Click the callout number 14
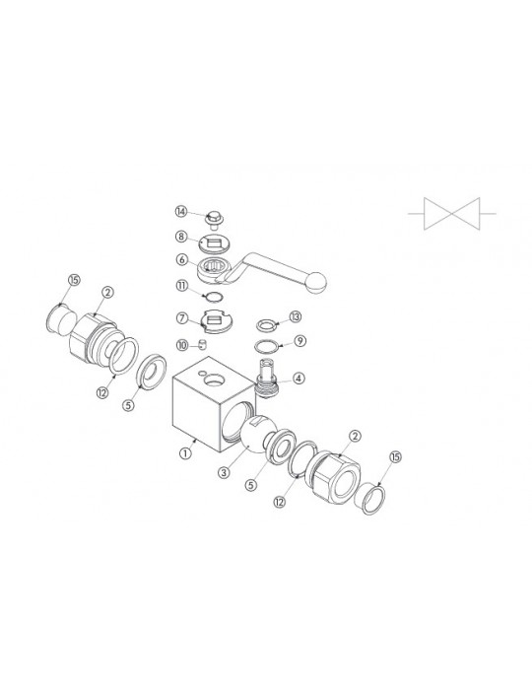[x=180, y=212]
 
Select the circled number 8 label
[x=180, y=237]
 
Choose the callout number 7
[x=182, y=317]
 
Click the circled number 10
[x=182, y=345]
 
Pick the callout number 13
[x=296, y=316]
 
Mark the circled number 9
[x=299, y=341]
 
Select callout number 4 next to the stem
[x=299, y=378]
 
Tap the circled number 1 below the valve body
[x=186, y=452]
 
